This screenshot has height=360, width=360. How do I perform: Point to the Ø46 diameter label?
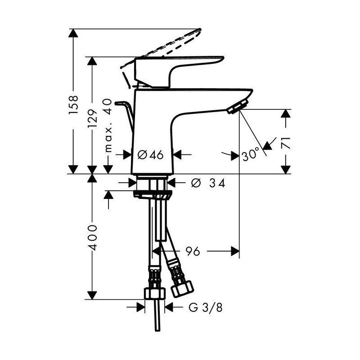point(150,155)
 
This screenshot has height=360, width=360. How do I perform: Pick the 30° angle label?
point(250,155)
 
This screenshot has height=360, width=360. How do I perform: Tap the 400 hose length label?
point(92,237)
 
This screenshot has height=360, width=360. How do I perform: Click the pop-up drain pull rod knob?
point(121,103)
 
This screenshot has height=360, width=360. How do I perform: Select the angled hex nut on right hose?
point(183,287)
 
